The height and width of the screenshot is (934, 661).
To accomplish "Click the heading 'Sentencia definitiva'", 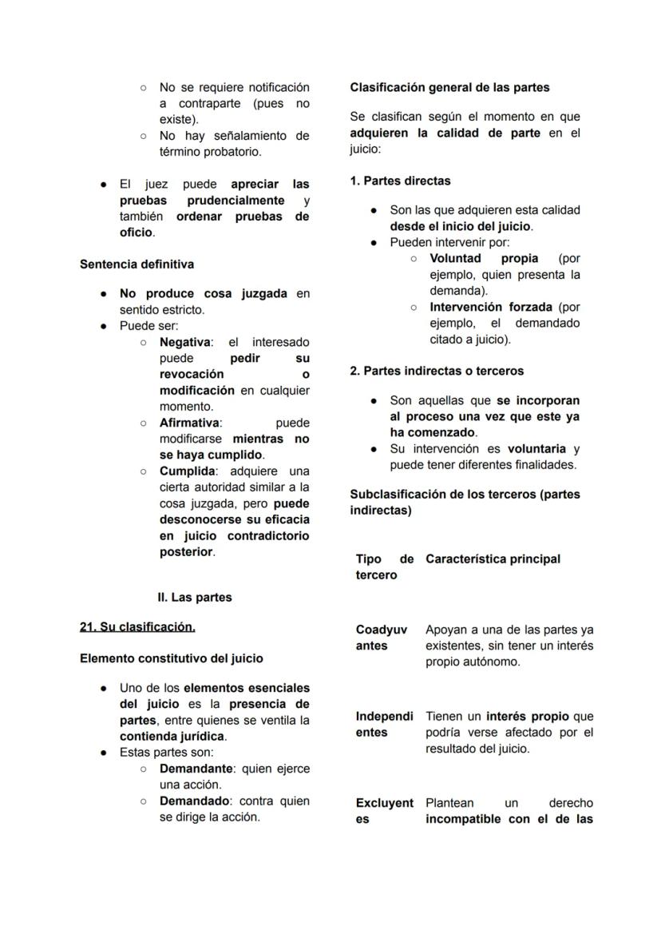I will click(137, 264).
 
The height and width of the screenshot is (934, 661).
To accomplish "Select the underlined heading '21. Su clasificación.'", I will click(137, 627).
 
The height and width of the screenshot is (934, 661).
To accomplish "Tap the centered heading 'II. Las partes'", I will click(195, 598).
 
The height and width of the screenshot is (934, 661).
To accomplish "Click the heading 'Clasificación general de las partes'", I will click(449, 87).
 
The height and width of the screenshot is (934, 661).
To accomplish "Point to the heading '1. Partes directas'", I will click(400, 181).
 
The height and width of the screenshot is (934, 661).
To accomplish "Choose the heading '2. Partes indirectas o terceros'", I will click(437, 371).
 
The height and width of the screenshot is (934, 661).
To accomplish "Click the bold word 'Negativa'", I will click(185, 342).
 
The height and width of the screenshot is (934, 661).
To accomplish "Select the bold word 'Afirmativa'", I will click(190, 423).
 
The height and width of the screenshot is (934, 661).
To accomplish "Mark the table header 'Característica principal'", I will click(493, 559).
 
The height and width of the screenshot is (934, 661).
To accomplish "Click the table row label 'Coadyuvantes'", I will click(382, 638).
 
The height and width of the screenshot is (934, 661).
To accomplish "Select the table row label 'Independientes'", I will click(384, 724).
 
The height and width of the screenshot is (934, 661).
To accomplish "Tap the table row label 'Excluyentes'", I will click(384, 810).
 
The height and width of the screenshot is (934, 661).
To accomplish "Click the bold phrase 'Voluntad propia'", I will click(484, 258).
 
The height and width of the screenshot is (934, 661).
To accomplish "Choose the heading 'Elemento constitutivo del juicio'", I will click(172, 659).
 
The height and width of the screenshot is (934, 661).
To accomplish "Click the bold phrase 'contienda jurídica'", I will click(172, 736).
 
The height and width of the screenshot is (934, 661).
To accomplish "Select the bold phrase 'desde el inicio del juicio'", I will click(460, 226).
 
